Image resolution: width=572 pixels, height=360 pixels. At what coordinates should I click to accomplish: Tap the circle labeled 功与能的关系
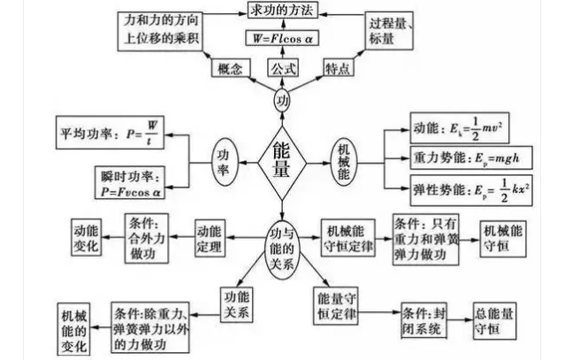pyautogui.click(x=282, y=240)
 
